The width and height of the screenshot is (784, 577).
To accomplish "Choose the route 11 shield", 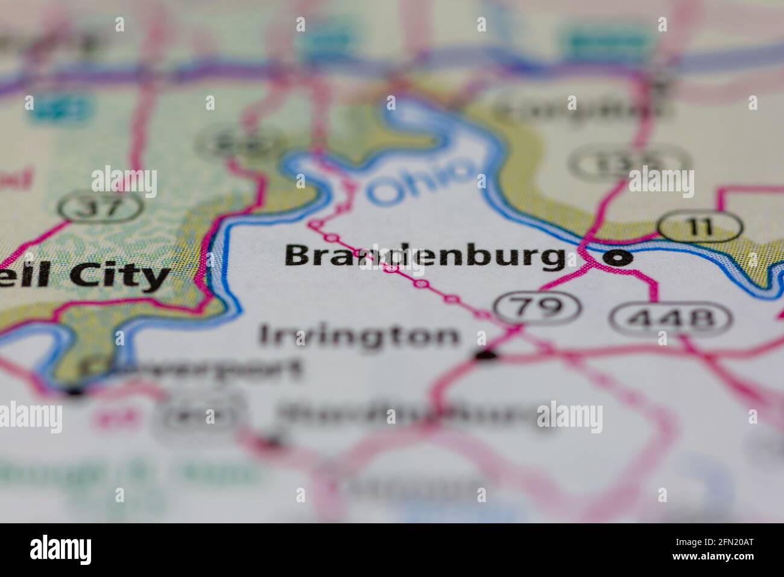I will pyautogui.click(x=700, y=228).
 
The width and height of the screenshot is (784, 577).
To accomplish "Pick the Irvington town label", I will pyautogui.click(x=358, y=336).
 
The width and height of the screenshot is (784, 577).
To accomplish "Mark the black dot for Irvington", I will pyautogui.click(x=485, y=356).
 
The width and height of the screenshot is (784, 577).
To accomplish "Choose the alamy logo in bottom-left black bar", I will pyautogui.click(x=61, y=550).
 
